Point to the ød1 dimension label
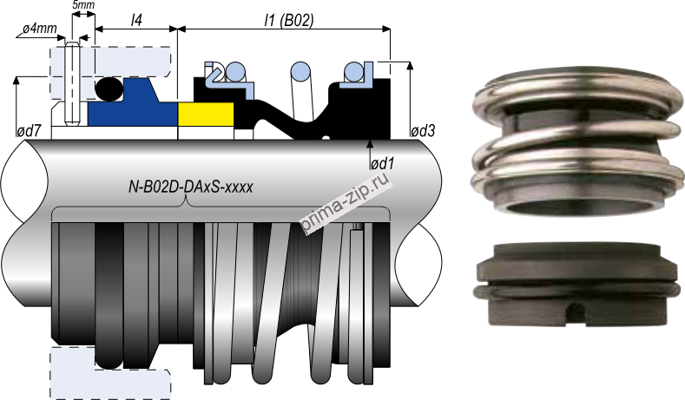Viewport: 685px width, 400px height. click(x=381, y=163)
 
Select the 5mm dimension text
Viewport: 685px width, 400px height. click(x=84, y=6)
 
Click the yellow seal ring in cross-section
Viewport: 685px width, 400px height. click(x=205, y=115)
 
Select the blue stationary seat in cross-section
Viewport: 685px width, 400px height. click(x=130, y=111)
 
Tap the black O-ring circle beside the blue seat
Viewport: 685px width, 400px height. click(x=109, y=89)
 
